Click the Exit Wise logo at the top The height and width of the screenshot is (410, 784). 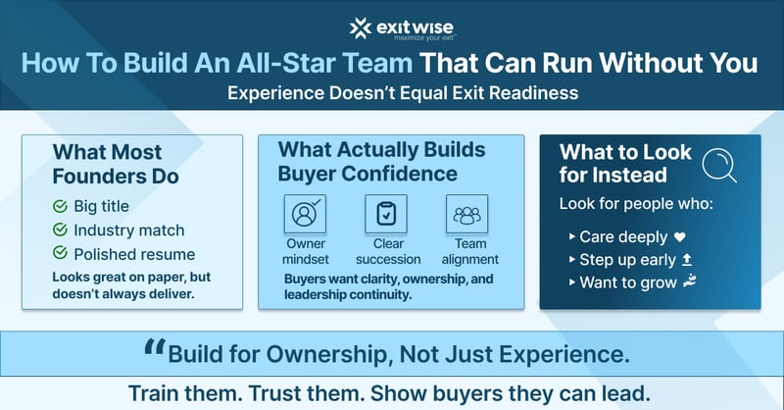coord(392,28)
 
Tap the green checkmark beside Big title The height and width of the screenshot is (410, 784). coord(60,206)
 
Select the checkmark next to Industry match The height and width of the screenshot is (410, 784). coord(60,231)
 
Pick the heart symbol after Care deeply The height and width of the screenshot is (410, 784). coord(680,236)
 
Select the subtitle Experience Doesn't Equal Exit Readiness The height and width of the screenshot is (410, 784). coord(392,96)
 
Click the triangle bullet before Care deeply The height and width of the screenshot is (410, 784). coord(571,237)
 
